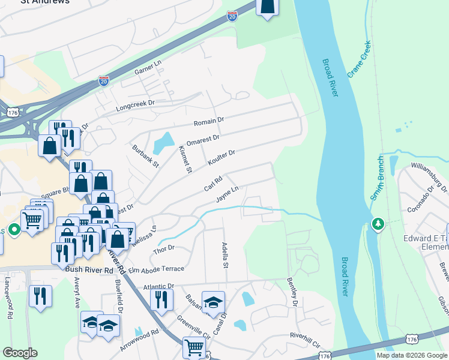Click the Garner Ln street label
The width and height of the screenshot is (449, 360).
point(148,67)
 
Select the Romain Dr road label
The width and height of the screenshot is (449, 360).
point(208,121)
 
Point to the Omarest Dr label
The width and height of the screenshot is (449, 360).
point(203,139)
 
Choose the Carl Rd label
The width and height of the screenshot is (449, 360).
point(213,183)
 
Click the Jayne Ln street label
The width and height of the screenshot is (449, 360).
point(228,194)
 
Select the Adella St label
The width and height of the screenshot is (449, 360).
point(226,255)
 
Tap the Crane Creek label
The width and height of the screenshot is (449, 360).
point(359,59)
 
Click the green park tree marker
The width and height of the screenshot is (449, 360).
point(378,224)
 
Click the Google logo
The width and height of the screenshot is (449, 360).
point(20,353)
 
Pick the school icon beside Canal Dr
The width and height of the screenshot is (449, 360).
point(212,302)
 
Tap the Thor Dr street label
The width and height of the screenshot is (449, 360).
point(164,247)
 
